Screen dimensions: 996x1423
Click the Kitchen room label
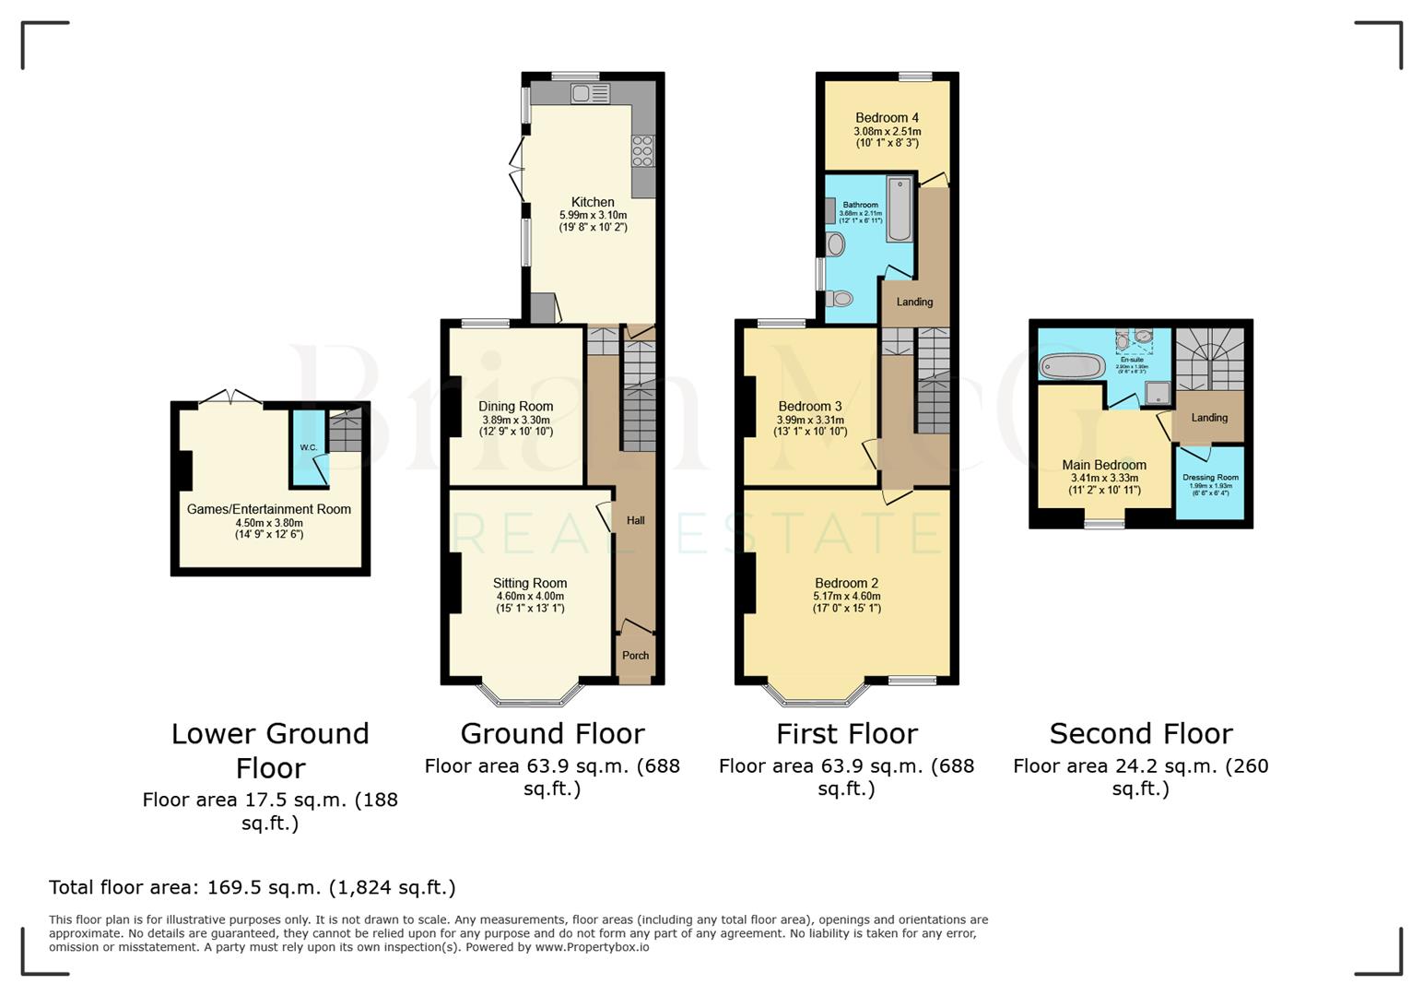tap(593, 202)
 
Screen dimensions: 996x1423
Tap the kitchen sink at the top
tap(589, 93)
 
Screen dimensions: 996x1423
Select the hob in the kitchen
tap(642, 150)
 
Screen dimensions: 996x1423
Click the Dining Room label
tap(515, 406)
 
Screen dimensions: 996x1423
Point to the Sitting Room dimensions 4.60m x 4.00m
tap(529, 597)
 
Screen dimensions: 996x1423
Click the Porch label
tap(635, 656)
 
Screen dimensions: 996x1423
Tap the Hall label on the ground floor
tap(635, 520)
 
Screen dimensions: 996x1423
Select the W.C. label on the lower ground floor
tap(308, 448)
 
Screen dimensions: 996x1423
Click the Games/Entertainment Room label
tap(268, 509)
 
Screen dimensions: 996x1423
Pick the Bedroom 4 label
tap(887, 117)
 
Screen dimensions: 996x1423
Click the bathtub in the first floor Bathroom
tap(899, 209)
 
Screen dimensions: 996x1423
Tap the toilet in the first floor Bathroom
tap(839, 298)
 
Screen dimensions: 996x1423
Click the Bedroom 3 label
tap(809, 406)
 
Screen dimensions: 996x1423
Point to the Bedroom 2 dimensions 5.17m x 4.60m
tap(846, 597)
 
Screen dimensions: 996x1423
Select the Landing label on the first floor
tap(914, 302)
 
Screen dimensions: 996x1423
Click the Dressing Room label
tap(1210, 478)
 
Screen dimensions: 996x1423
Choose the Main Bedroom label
tap(1103, 465)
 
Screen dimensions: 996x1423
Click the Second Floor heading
tap(1140, 734)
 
